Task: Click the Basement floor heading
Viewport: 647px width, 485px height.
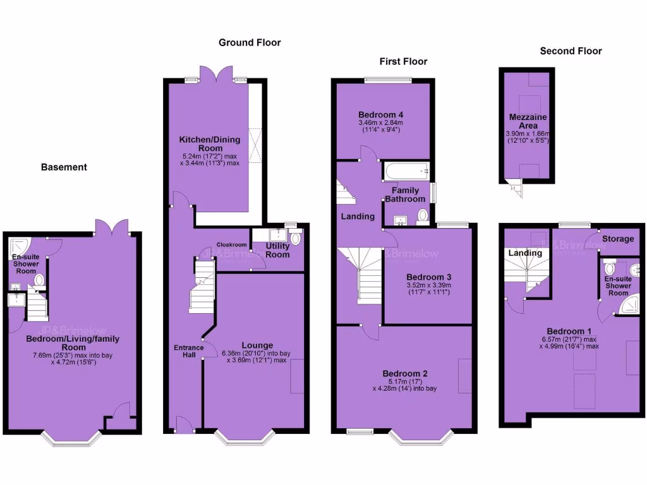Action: (64, 167)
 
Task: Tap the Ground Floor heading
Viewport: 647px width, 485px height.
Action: (250, 42)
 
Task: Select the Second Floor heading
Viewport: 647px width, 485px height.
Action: (571, 51)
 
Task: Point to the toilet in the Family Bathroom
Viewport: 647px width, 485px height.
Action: (423, 215)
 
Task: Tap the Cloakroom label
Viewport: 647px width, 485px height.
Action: (231, 244)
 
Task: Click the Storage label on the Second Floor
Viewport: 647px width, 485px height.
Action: (617, 239)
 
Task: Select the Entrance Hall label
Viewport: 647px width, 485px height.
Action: (188, 352)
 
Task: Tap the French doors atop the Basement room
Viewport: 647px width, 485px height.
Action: (112, 226)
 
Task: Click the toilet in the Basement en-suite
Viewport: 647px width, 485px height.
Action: (39, 280)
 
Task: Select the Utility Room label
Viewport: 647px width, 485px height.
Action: (277, 250)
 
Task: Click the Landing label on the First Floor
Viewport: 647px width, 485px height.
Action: (358, 217)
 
